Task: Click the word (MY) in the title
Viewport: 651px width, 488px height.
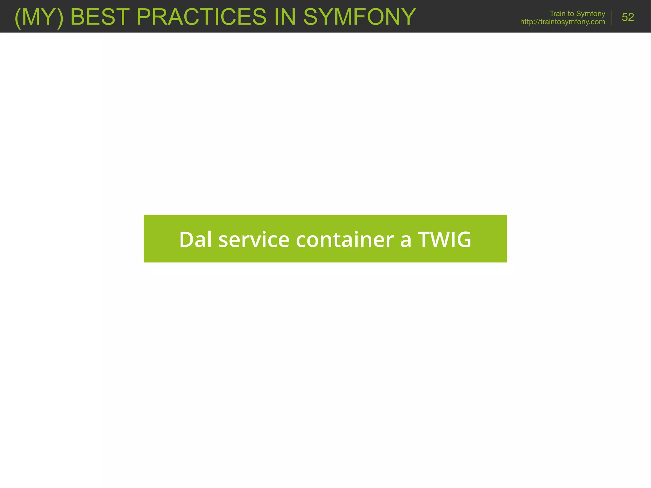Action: pyautogui.click(x=39, y=17)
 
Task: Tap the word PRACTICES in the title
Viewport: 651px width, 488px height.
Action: pyautogui.click(x=201, y=17)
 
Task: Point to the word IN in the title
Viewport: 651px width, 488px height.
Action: pyautogui.click(x=285, y=17)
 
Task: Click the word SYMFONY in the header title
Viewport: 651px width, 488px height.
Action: pyautogui.click(x=360, y=17)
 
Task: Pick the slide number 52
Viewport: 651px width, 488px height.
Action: pyautogui.click(x=627, y=17)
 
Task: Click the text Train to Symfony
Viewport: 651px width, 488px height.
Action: pyautogui.click(x=577, y=14)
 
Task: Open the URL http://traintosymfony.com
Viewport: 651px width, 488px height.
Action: pyautogui.click(x=562, y=22)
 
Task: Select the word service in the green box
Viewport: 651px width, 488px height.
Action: pyautogui.click(x=254, y=239)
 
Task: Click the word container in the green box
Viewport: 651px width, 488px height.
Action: pyautogui.click(x=345, y=239)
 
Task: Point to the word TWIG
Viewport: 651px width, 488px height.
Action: pyautogui.click(x=444, y=239)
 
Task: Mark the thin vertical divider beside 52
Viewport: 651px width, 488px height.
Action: pyautogui.click(x=611, y=18)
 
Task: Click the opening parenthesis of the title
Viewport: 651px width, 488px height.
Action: pyautogui.click(x=18, y=18)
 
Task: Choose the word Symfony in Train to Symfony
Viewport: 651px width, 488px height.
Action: pyautogui.click(x=590, y=14)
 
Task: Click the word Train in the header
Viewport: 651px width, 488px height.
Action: pyautogui.click(x=558, y=14)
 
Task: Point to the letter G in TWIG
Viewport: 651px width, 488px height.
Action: pyautogui.click(x=463, y=239)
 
